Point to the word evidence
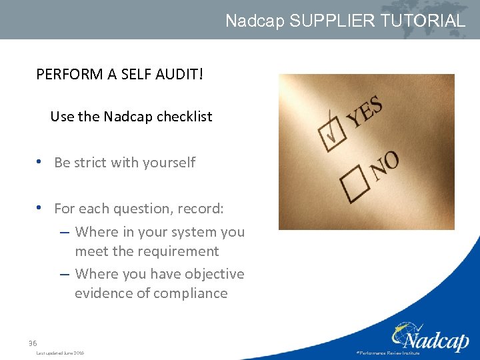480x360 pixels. click(99, 293)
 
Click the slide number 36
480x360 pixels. click(33, 343)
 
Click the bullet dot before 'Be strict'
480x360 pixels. click(41, 162)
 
